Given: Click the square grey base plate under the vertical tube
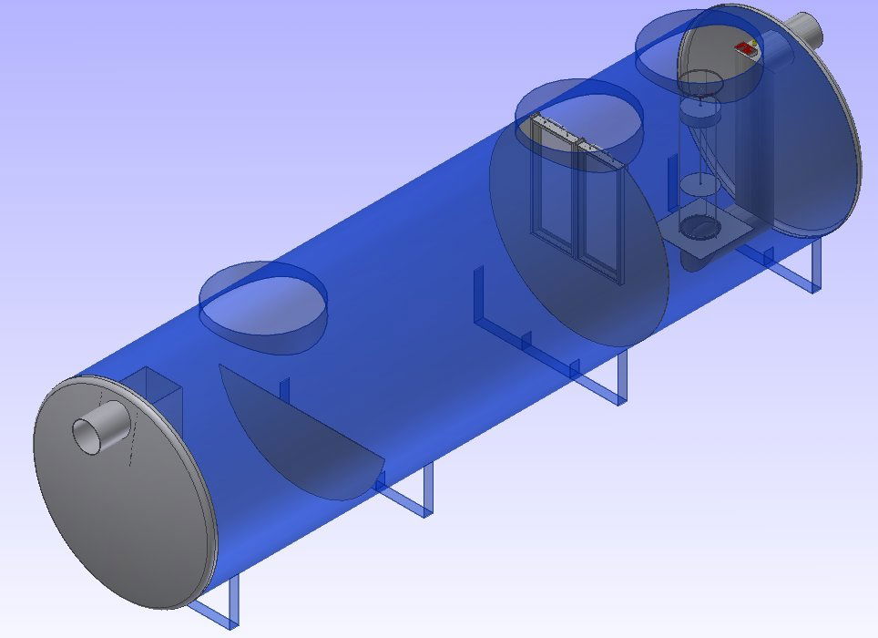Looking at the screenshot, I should [701, 232].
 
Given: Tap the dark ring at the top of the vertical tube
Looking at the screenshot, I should [700, 84].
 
